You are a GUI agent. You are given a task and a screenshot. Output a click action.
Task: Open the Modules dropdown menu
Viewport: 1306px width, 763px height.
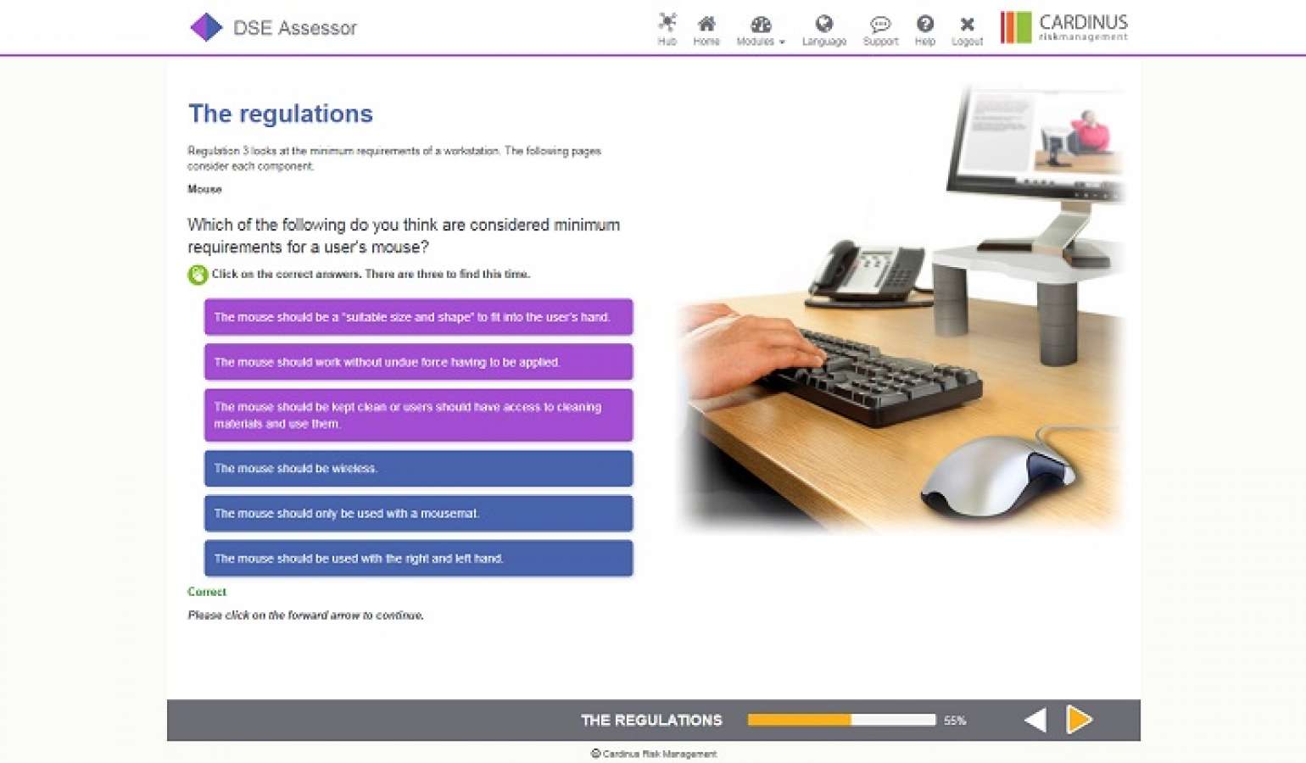760,29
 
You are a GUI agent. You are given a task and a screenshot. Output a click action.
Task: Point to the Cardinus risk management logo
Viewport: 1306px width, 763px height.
1064,27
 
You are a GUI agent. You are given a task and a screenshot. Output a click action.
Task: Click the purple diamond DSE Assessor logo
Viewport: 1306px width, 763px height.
205,27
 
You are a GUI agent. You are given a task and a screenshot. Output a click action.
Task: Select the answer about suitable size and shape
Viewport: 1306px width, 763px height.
418,317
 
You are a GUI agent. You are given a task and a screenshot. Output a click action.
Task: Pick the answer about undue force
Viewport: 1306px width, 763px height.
418,362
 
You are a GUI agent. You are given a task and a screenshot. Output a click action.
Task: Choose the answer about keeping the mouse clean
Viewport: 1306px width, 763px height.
418,415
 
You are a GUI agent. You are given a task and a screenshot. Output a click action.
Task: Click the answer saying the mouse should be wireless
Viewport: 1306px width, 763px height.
418,468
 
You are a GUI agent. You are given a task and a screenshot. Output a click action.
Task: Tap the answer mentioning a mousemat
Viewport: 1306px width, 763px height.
418,513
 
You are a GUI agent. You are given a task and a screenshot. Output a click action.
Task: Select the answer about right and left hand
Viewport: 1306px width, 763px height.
418,558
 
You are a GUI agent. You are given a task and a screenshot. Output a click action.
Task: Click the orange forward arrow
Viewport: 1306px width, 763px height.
1079,720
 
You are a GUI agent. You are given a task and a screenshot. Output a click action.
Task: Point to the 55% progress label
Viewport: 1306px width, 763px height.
955,721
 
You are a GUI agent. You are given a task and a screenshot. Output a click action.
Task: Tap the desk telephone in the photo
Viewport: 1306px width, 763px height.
865,271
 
